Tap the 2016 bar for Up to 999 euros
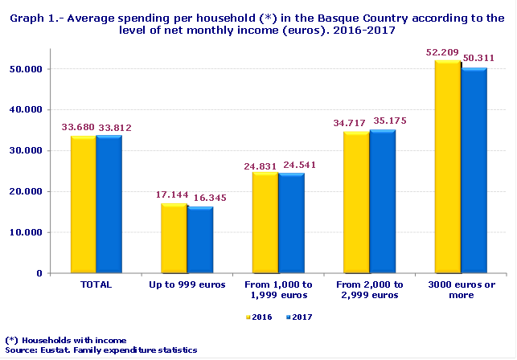pos(174,239)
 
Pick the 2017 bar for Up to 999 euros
pos(199,240)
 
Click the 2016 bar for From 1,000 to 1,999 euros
pos(265,223)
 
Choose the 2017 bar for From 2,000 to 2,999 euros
pos(383,201)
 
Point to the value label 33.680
pos(78,127)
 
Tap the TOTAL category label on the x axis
pos(96,284)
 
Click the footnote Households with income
pos(70,340)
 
